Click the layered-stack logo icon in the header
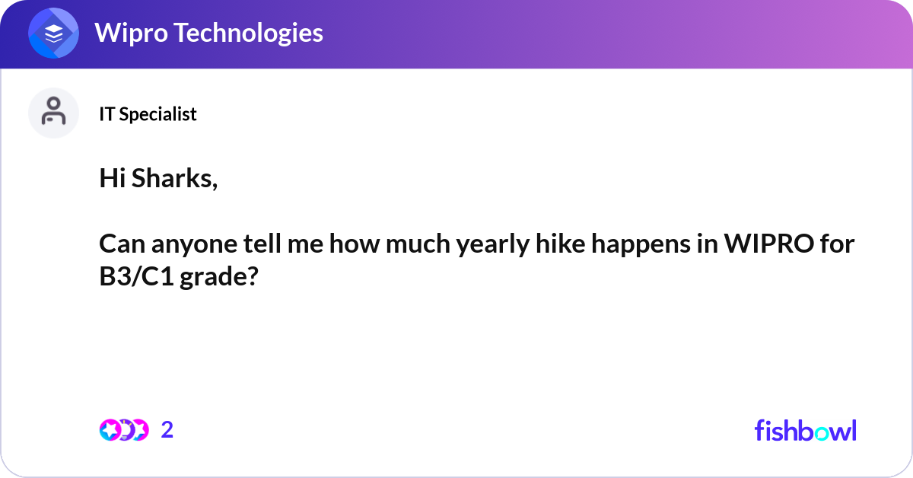[53, 33]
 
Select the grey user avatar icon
[53, 112]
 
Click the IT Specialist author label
[148, 114]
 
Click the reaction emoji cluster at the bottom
[123, 430]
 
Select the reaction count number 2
[167, 430]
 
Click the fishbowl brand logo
[805, 430]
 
